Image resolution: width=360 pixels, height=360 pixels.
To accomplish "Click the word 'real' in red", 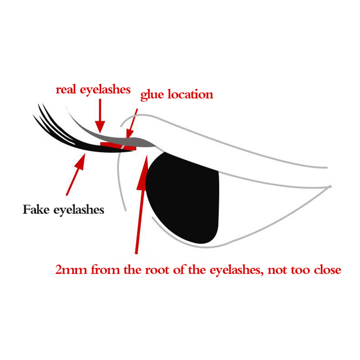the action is pos(66,90).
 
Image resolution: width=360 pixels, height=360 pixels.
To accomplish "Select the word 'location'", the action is pos(190,94).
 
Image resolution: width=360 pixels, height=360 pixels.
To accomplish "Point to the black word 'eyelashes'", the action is pos(79,210).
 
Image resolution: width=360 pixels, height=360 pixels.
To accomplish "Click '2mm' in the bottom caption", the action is pos(71,270).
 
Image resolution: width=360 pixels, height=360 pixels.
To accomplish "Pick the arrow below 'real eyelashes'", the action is pos(100,116).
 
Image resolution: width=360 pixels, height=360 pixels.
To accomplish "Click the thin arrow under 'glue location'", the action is pos(132,123).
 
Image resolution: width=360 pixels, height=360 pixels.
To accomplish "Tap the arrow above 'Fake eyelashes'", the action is pos(76,175).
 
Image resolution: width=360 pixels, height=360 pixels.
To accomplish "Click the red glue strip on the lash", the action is pos(118,146).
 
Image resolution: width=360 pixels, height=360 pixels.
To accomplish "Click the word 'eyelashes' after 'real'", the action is pos(105,90).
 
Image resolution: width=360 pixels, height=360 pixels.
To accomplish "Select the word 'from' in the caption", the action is pos(106,270).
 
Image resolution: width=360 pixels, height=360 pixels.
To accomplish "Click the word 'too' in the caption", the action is pos(300,270).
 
